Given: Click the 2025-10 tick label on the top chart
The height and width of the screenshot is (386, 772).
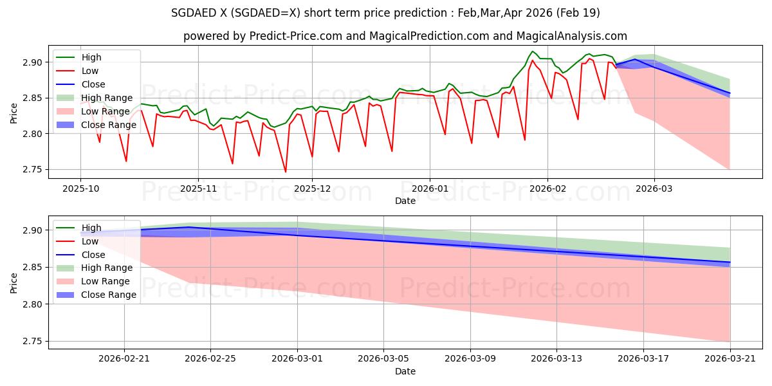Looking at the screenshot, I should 80,189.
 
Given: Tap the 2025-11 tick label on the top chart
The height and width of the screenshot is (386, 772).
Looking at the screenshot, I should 198,189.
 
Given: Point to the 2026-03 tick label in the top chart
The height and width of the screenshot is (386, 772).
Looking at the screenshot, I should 654,189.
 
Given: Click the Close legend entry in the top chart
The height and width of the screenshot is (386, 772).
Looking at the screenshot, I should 93,84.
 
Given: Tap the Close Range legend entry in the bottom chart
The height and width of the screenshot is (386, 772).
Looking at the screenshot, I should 109,295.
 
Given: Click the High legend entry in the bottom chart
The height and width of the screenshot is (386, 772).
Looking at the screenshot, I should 91,228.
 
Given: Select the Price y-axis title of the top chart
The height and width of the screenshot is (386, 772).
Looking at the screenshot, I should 14,113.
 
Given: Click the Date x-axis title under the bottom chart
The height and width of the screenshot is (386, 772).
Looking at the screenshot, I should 405,371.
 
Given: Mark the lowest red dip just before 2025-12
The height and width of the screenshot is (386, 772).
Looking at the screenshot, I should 286,172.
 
